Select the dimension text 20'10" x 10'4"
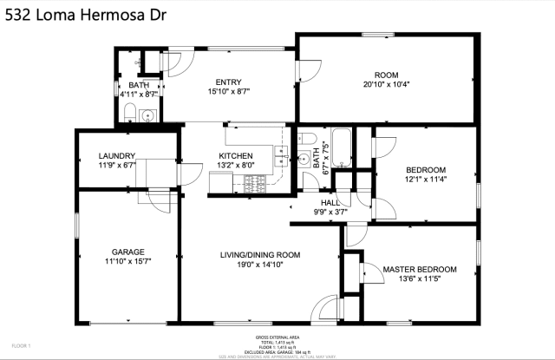tap(385, 85)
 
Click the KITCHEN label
tap(235, 156)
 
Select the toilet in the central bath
tap(304, 157)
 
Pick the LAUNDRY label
tap(116, 156)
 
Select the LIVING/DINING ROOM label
tap(260, 254)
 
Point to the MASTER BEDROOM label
tap(419, 270)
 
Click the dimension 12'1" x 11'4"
tap(426, 180)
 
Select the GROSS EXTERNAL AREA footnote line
tap(277, 337)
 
